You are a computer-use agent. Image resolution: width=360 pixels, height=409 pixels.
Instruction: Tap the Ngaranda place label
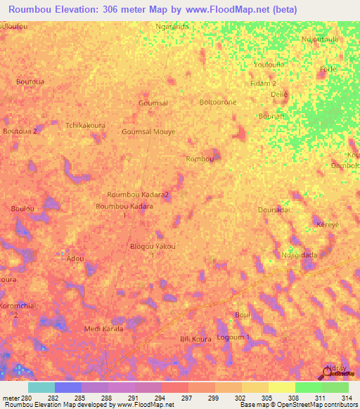pyautogui.click(x=172, y=27)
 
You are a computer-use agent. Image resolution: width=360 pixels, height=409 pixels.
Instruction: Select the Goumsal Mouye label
pyautogui.click(x=148, y=131)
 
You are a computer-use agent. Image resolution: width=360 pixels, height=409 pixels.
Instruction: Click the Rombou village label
pyautogui.click(x=199, y=159)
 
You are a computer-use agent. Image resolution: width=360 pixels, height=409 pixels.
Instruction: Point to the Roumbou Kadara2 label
pyautogui.click(x=138, y=194)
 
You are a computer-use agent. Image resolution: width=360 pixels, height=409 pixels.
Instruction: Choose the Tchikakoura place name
pyautogui.click(x=85, y=125)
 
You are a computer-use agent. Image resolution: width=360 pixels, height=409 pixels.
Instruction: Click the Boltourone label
pyautogui.click(x=218, y=102)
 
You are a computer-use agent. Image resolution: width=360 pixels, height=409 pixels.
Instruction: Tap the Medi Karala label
pyautogui.click(x=103, y=329)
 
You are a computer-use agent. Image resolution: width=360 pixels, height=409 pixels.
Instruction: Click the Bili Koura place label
pyautogui.click(x=195, y=339)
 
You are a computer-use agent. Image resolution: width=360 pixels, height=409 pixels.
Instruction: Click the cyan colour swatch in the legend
pyautogui.click(x=41, y=387)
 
